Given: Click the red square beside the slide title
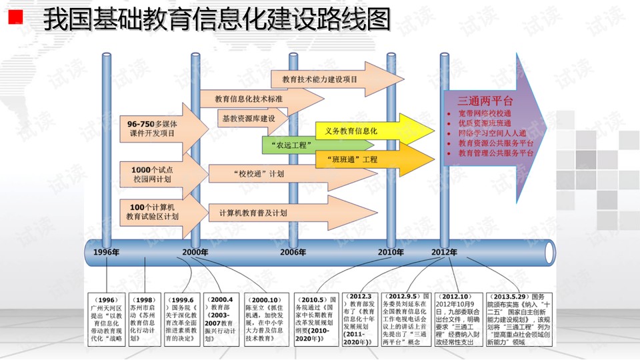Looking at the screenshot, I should click(15, 18).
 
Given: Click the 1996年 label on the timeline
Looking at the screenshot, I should click(107, 253).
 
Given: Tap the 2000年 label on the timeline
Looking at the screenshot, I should click(195, 253).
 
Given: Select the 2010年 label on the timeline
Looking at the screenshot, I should click(391, 253).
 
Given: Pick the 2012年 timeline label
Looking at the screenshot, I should click(444, 253).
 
